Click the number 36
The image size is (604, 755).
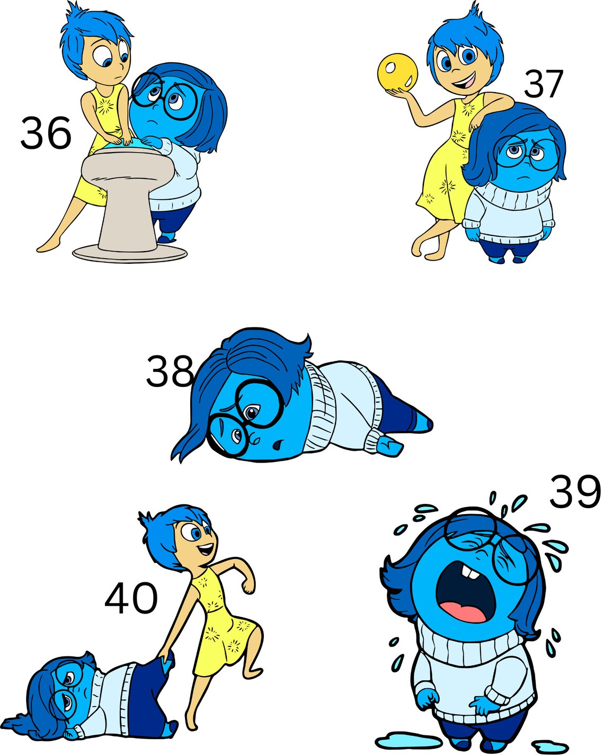(46, 133)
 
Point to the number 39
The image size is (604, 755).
(575, 492)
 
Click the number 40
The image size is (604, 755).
(131, 598)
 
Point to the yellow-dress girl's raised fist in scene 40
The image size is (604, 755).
(247, 586)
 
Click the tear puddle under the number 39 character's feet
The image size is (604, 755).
(403, 738)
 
